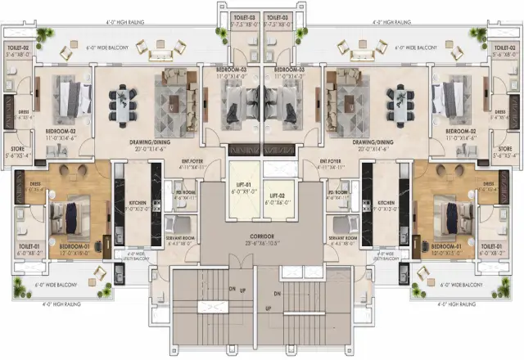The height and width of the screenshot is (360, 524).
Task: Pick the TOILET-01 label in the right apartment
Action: [491, 245]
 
